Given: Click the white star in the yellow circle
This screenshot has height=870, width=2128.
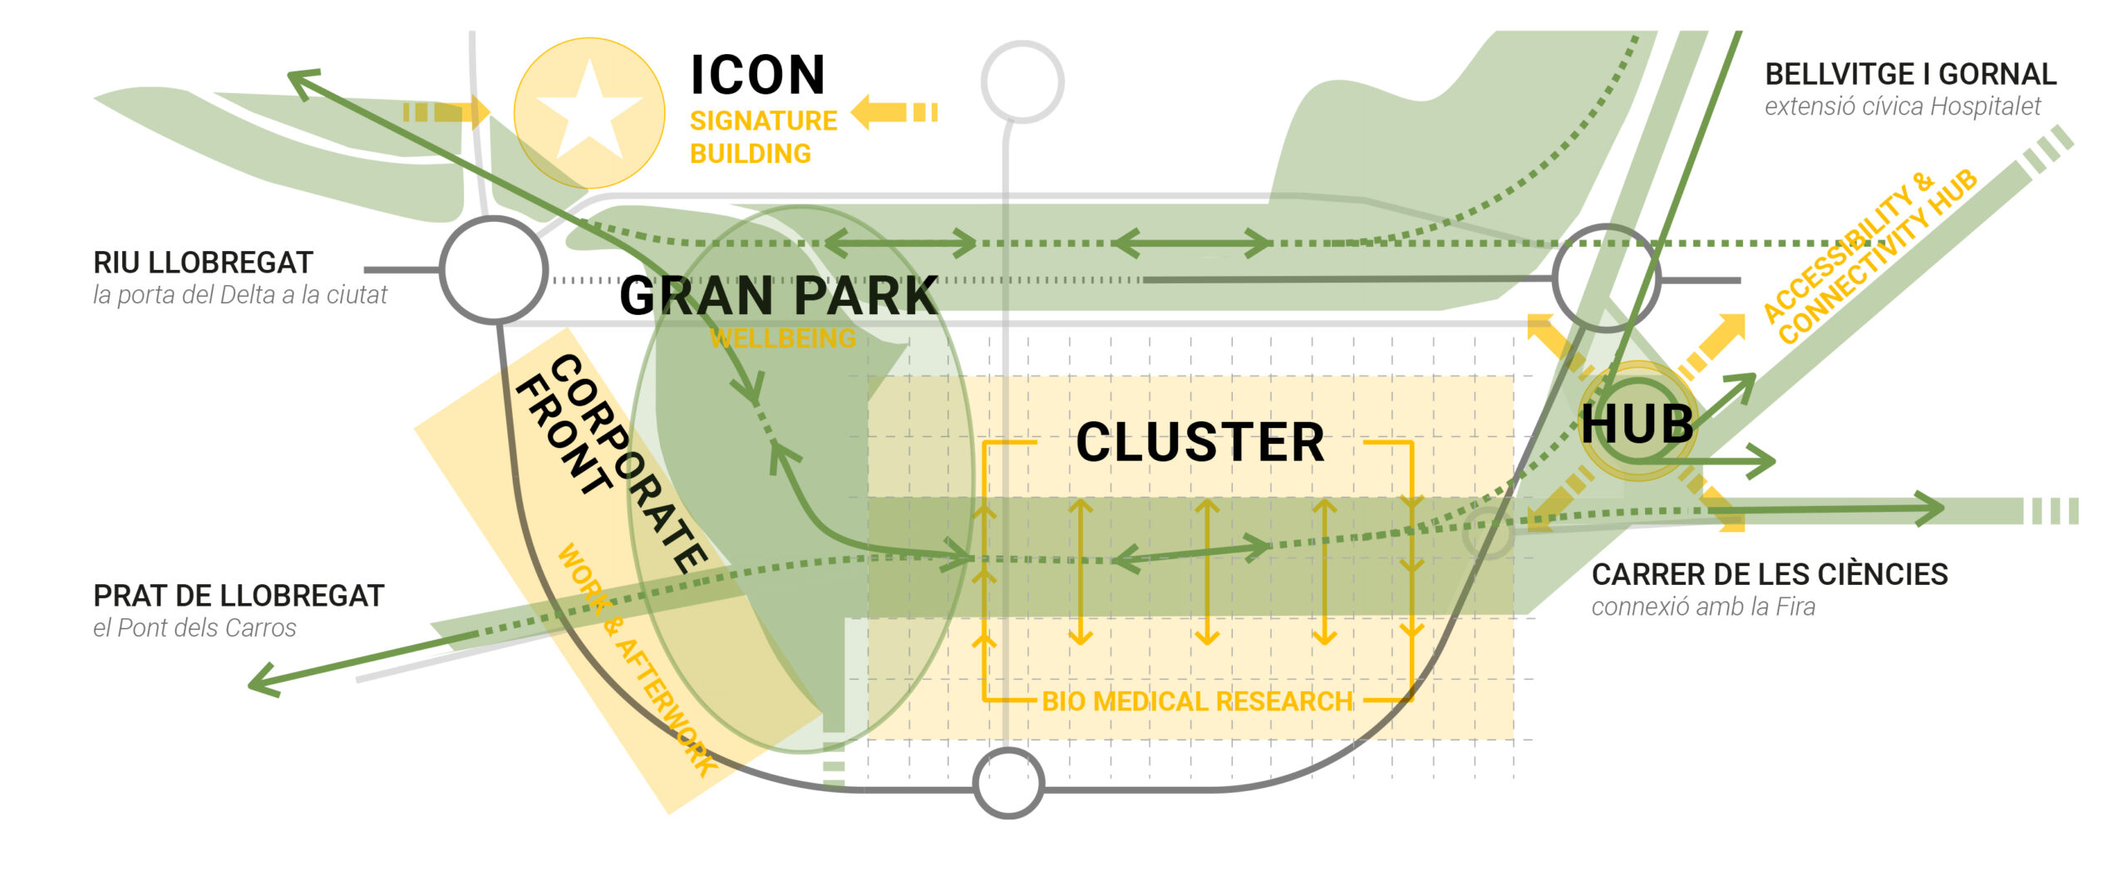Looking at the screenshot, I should click(589, 111).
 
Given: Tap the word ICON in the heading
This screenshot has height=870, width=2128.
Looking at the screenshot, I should click(757, 76).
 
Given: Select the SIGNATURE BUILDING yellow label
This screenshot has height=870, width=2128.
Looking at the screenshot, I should click(762, 137).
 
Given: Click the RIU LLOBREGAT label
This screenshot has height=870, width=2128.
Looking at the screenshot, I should click(203, 263).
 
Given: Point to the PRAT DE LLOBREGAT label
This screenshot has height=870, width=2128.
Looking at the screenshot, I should click(239, 596).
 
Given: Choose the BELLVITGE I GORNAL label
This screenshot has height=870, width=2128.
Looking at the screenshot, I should click(1910, 75).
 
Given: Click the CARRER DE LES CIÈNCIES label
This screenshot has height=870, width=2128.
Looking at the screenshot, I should click(1769, 574).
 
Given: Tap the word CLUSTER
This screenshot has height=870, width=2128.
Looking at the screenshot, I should click(1199, 442).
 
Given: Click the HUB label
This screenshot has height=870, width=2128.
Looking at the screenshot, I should click(1637, 425).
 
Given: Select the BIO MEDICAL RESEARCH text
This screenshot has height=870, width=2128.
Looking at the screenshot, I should click(1197, 701).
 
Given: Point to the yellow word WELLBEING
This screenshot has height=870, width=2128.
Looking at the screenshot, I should click(782, 338).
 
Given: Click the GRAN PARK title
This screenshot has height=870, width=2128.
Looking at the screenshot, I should click(779, 296).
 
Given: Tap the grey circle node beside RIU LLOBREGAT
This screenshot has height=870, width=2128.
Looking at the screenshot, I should click(494, 269).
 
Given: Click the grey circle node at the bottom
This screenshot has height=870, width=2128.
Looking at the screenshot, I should click(1007, 782).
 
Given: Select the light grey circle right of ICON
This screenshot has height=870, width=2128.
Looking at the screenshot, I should click(1022, 81).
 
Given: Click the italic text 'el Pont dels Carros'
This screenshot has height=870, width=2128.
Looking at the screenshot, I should click(195, 628).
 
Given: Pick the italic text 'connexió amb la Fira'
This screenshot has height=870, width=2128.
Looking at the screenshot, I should click(1702, 607).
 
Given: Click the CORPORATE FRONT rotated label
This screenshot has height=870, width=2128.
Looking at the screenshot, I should click(611, 460).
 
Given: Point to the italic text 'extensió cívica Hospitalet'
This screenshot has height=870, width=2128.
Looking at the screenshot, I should click(1902, 106).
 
